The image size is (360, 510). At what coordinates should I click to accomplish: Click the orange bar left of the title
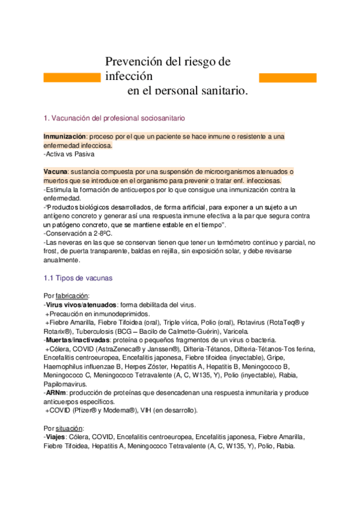tap(72, 78)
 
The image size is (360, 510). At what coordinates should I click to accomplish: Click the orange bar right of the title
tap(287, 78)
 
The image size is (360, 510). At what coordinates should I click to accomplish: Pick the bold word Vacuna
tap(55, 172)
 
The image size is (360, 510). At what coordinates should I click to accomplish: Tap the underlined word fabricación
tap(72, 296)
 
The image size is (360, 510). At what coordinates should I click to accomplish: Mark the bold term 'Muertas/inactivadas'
tap(78, 340)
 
